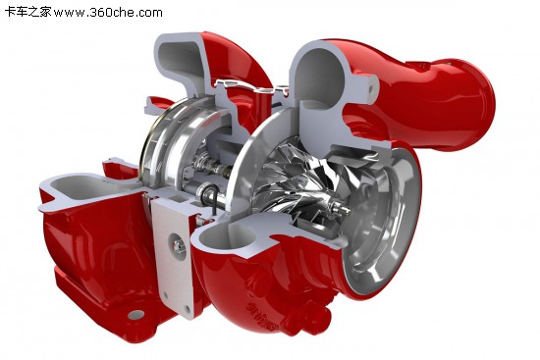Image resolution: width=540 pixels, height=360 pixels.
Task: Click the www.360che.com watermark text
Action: tap(108, 13)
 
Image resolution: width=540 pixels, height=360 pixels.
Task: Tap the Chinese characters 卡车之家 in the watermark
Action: tap(27, 12)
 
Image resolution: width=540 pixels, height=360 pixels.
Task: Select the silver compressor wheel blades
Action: tap(297, 179)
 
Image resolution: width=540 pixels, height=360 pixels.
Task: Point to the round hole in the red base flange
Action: tap(136, 315)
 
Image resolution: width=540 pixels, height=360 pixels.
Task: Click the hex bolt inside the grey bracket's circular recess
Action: tap(179, 246)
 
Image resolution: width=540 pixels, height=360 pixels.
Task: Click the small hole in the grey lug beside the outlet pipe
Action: tap(371, 89)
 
